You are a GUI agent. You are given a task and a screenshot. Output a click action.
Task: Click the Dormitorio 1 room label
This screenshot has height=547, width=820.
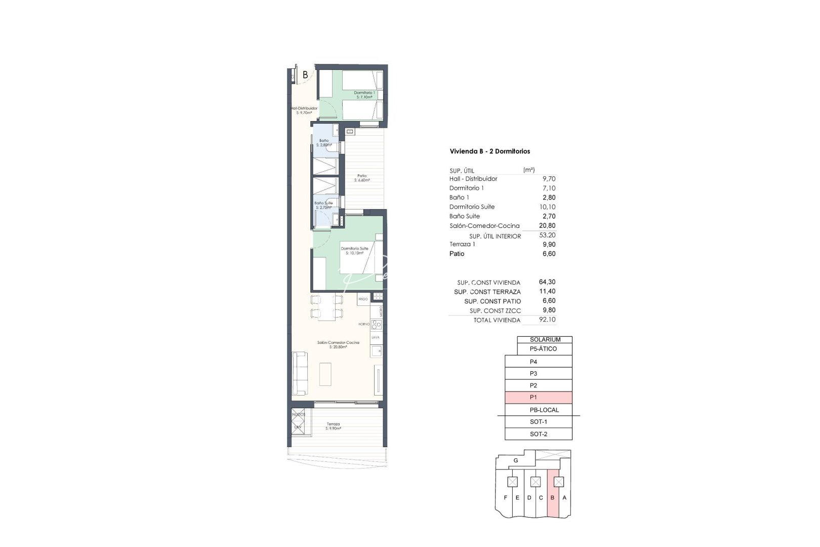coord(364,95)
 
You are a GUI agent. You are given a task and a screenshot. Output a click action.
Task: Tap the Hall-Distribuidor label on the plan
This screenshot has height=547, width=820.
coord(304,110)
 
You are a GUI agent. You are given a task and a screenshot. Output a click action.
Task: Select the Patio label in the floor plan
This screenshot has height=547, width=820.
coord(362,178)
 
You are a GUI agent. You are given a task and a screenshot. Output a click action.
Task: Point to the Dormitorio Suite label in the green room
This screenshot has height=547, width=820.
coord(354,251)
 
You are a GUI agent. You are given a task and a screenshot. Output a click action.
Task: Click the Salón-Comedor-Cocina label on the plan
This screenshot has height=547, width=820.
coord(338,344)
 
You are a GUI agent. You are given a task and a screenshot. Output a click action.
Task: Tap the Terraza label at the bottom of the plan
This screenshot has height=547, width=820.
coord(333,426)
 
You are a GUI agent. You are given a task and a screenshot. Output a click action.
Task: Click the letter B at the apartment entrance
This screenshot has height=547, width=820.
coord(305,75)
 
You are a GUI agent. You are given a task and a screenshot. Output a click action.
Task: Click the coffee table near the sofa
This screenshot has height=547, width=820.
coord(325,374)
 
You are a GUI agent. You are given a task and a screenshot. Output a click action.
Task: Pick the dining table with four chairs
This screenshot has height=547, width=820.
coord(326,306)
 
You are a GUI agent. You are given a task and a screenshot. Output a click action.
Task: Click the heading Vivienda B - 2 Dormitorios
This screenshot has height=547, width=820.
coord(489,151)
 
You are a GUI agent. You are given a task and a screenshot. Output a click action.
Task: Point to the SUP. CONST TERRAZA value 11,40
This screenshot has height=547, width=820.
coord(547,292)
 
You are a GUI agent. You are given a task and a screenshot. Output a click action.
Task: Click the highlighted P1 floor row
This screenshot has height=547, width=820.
coord(538,398)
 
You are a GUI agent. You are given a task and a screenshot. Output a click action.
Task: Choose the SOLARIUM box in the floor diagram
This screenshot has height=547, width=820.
coord(545,339)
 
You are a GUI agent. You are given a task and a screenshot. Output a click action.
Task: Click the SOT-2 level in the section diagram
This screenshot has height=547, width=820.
coord(538,434)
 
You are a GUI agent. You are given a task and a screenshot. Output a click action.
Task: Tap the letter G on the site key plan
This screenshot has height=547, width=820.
coord(516,461)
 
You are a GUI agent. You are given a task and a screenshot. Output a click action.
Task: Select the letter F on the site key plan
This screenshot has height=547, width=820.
coord(505,498)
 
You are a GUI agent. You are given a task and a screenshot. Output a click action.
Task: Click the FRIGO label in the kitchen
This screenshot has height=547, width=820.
coord(363,299)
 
